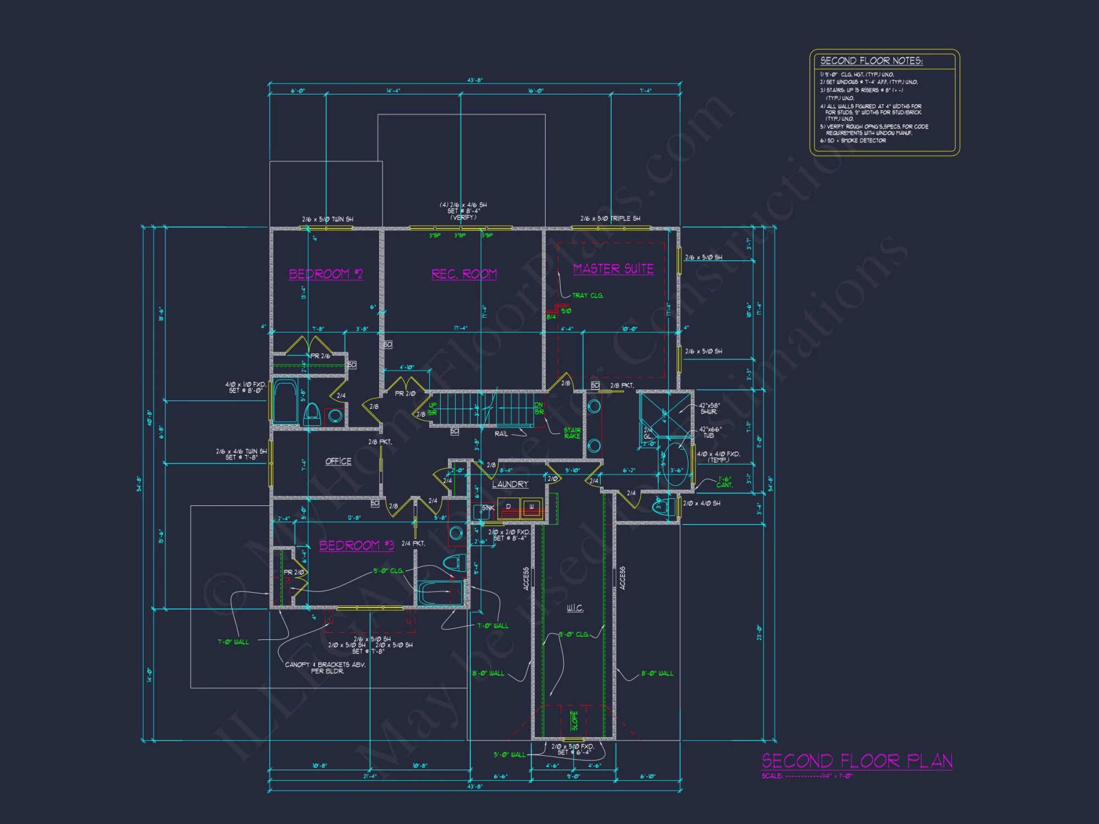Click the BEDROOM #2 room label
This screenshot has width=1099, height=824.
click(326, 274)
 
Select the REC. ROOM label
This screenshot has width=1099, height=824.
click(464, 274)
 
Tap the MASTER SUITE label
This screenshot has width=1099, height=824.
click(613, 269)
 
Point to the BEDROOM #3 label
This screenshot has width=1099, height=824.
click(357, 545)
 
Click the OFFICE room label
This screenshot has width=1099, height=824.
click(338, 461)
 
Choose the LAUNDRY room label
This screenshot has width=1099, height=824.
click(510, 484)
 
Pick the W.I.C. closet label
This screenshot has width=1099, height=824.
click(575, 608)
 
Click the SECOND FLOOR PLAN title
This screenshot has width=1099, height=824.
click(857, 761)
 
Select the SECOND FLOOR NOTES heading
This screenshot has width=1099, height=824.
click(871, 61)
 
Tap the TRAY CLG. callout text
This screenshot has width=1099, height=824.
click(587, 296)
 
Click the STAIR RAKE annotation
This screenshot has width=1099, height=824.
click(572, 433)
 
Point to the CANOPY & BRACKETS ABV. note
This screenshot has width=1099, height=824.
click(325, 667)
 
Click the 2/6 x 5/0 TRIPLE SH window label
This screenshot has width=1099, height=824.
click(610, 219)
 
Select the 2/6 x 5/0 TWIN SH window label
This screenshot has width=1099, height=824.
click(328, 219)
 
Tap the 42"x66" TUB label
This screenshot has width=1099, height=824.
click(710, 432)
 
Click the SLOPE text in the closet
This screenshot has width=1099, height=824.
click(574, 720)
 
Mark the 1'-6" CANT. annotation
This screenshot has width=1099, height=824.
click(725, 482)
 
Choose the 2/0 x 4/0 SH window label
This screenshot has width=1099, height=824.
click(702, 503)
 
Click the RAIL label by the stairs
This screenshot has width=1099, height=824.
click(501, 434)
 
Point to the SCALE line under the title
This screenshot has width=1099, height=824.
click(807, 776)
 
